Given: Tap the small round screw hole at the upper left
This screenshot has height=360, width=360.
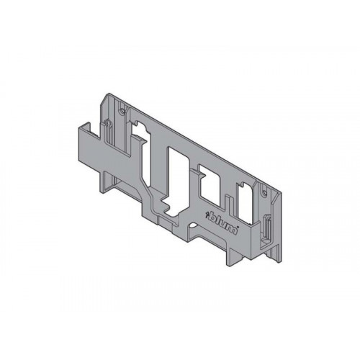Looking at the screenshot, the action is pyautogui.click(x=122, y=111).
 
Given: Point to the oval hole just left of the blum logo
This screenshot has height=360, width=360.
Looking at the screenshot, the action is pyautogui.click(x=192, y=226).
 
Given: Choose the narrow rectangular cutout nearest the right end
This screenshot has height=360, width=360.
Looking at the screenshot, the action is pyautogui.click(x=245, y=202).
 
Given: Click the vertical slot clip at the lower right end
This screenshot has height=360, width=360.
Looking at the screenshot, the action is pyautogui.click(x=266, y=228).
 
